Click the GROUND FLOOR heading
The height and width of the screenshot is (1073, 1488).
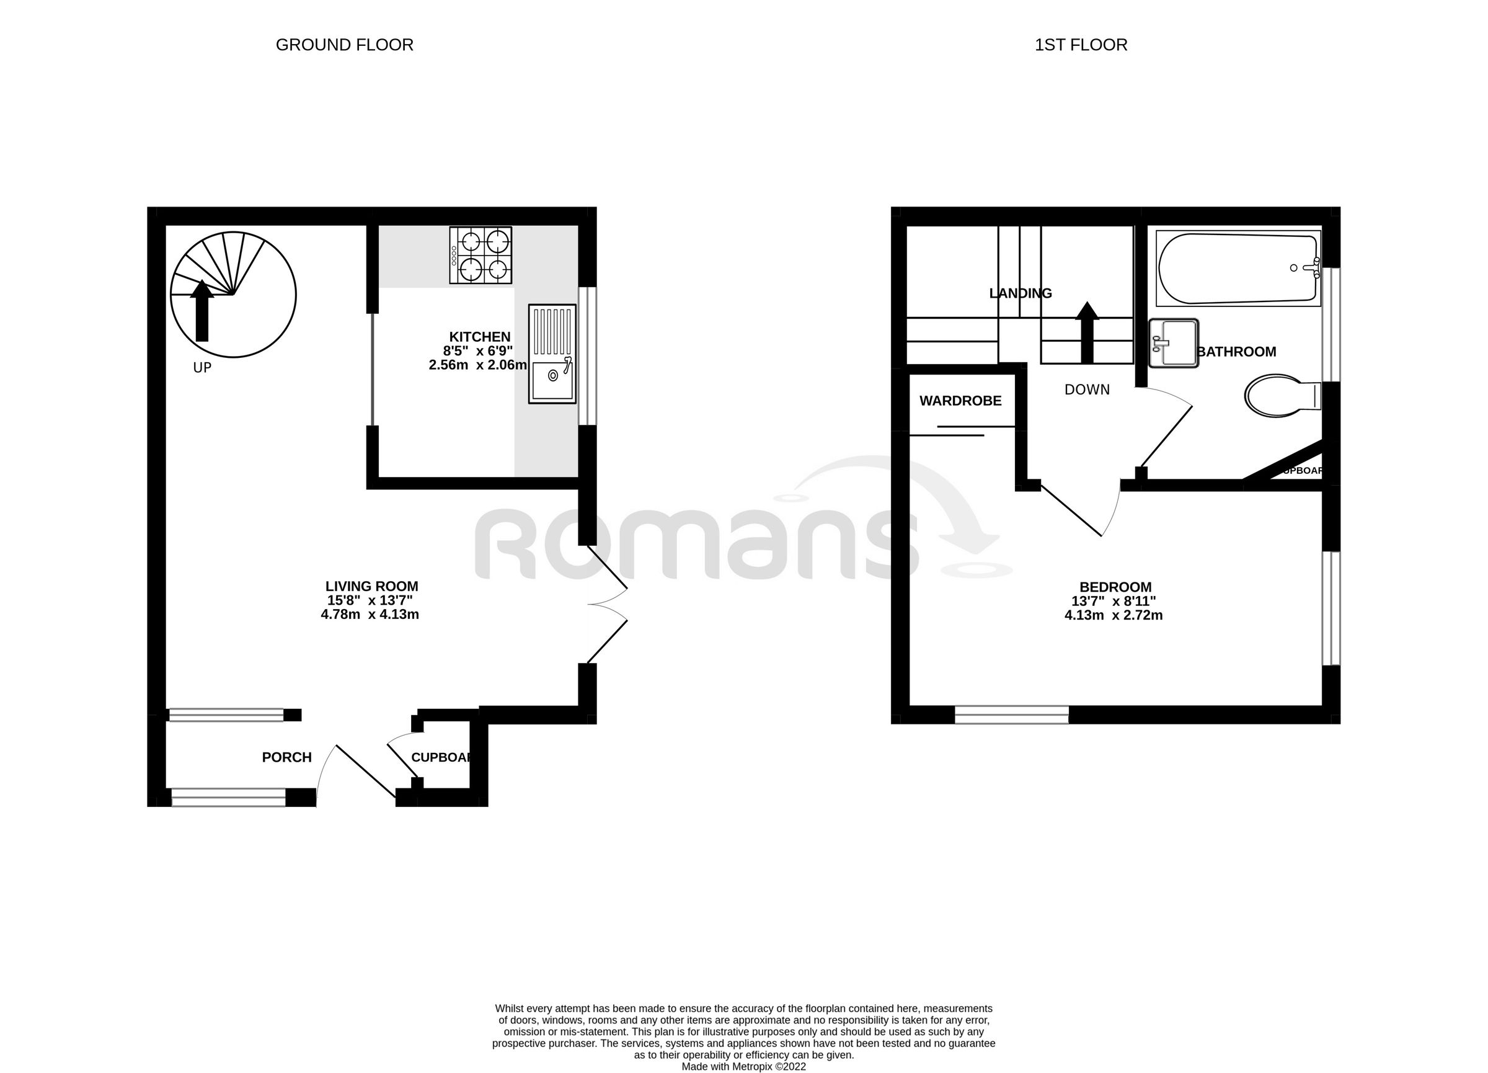click(x=345, y=45)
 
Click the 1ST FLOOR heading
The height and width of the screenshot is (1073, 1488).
click(x=1081, y=45)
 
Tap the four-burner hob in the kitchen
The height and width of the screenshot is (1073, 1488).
click(x=480, y=256)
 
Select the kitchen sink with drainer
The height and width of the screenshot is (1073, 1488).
click(x=552, y=354)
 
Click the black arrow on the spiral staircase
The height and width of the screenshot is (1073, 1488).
click(x=202, y=311)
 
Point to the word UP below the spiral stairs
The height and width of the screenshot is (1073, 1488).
click(x=202, y=368)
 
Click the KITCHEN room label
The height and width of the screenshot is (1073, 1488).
click(x=480, y=337)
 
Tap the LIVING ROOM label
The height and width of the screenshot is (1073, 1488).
click(x=371, y=587)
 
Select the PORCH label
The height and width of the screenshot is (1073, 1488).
click(x=286, y=757)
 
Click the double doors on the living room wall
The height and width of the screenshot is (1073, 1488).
click(x=607, y=603)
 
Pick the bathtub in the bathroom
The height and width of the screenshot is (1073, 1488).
click(x=1238, y=269)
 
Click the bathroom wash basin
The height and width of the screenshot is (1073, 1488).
click(x=1174, y=343)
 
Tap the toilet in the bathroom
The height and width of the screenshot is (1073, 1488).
click(x=1282, y=396)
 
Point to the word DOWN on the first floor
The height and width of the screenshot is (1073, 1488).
click(x=1087, y=390)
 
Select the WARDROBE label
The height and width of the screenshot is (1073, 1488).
click(x=960, y=401)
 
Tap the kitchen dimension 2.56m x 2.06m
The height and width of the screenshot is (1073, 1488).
click(x=477, y=365)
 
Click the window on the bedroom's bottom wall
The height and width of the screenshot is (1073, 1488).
click(x=1012, y=715)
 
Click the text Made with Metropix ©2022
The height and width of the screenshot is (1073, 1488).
click(x=743, y=1066)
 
